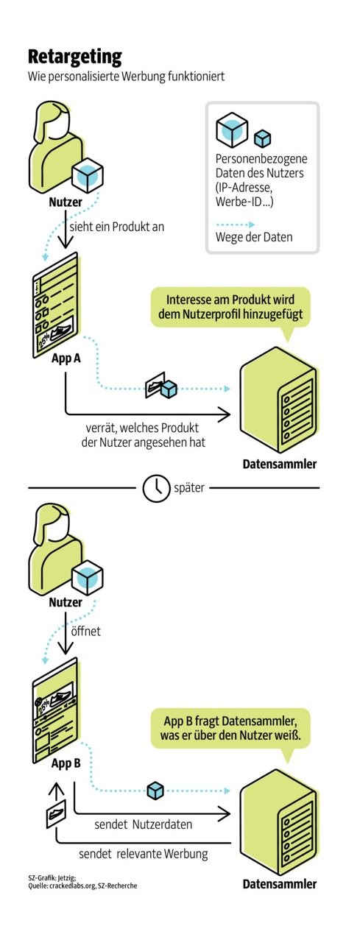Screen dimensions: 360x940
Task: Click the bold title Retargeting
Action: point(74,57)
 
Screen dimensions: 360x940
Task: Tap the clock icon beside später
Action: point(156,488)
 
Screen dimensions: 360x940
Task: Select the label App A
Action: point(66,358)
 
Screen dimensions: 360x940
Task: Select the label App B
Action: point(66,763)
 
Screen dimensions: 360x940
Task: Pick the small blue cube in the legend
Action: point(263,138)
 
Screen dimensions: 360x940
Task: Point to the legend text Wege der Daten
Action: point(254,237)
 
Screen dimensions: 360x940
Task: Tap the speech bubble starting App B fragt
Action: point(230,729)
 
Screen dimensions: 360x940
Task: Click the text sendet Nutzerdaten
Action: point(143,824)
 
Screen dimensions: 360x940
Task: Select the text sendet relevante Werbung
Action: point(143,854)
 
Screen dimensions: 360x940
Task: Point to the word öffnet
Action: point(85,631)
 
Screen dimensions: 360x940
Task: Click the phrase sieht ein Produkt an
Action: point(116,227)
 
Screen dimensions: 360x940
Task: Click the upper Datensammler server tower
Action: point(278,400)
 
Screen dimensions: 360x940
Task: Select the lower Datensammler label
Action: point(280,884)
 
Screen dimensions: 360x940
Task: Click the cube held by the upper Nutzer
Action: point(88,176)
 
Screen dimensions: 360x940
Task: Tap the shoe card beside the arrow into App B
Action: point(56,813)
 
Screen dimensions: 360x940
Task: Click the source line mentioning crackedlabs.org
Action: point(82,886)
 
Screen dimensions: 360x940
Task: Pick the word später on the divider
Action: point(188,488)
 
